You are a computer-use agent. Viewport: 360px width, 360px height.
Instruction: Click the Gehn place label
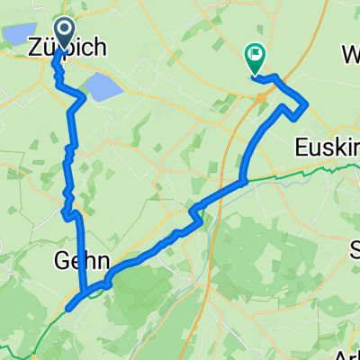tap(76, 262)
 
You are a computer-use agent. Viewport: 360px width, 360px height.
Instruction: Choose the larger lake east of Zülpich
tap(103, 87)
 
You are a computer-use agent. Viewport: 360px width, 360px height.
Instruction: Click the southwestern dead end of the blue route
tap(67, 309)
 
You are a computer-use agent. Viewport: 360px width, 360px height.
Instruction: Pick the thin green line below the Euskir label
tap(306, 168)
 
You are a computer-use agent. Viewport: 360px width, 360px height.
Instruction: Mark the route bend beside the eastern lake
tap(85, 97)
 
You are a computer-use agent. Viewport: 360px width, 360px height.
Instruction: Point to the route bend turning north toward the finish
tap(243, 179)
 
